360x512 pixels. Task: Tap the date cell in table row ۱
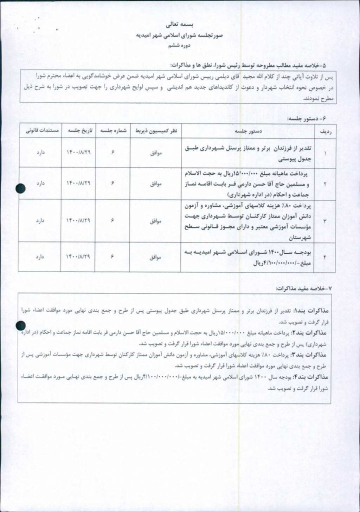click(x=77, y=153)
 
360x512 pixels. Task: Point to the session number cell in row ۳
click(x=112, y=220)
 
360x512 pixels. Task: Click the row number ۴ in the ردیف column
click(x=325, y=257)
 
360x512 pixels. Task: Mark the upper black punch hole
click(x=20, y=188)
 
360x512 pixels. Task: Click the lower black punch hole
click(x=20, y=326)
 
